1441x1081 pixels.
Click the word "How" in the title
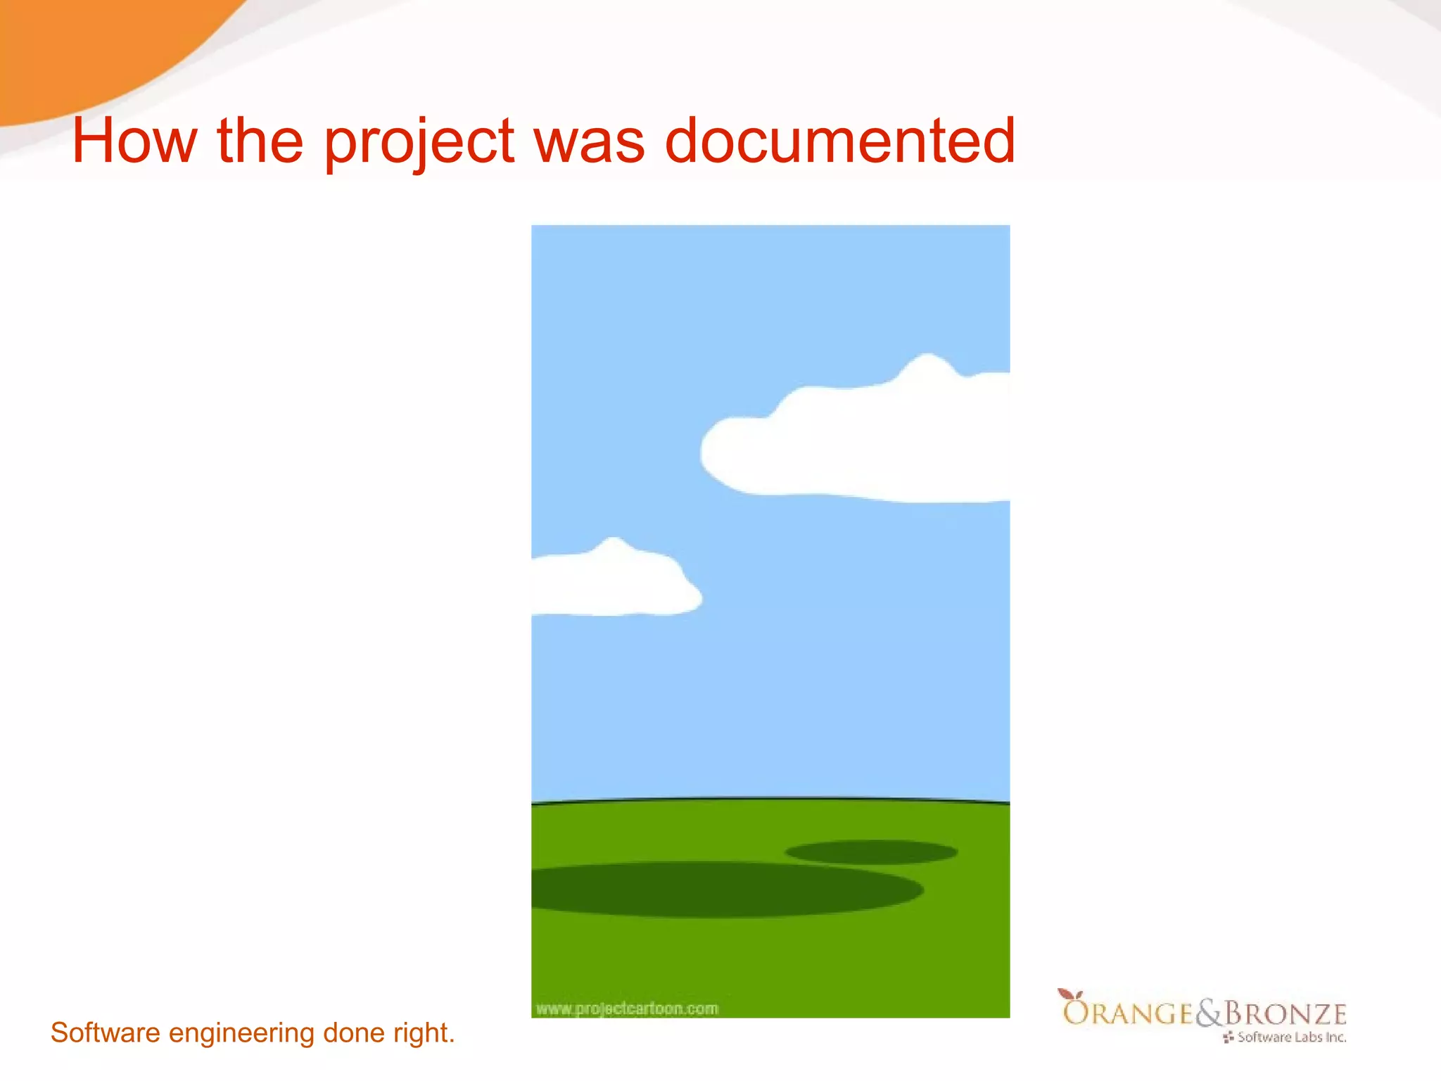point(134,141)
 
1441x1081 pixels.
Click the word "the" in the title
point(260,141)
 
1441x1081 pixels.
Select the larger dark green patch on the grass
point(725,889)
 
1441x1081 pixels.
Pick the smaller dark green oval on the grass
point(871,852)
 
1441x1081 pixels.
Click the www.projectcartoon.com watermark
point(627,1009)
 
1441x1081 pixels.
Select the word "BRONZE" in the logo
point(1286,1013)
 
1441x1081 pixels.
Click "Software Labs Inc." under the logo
point(1291,1037)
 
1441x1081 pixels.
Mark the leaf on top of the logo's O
point(1070,994)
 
